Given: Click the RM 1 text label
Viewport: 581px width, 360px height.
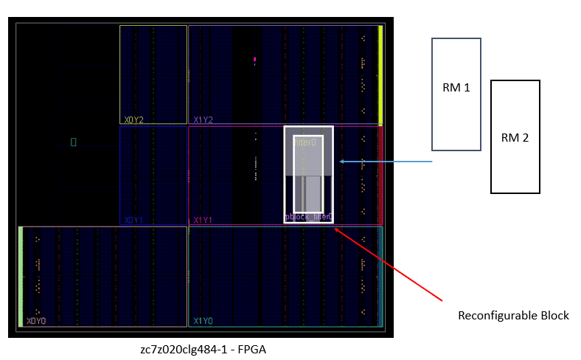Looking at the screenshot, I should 456,88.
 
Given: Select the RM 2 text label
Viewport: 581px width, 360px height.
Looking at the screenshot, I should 515,137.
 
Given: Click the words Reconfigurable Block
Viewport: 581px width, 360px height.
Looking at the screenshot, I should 513,316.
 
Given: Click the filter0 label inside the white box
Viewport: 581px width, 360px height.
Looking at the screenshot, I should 305,142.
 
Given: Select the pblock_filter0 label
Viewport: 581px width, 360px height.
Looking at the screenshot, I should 308,217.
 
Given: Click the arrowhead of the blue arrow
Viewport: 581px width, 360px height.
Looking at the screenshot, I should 341,162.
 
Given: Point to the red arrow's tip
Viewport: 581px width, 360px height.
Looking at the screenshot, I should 335,229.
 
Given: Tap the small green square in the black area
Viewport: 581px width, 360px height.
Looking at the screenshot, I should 73,141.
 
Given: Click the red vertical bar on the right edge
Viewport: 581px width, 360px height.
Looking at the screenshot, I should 380,175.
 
